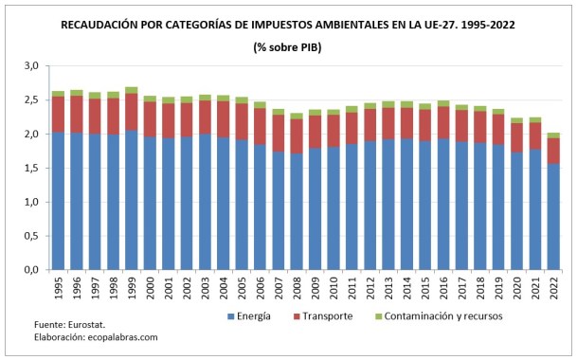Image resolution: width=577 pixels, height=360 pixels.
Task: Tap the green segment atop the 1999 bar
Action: [131, 90]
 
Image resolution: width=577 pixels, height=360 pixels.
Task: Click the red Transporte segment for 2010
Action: [334, 131]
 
